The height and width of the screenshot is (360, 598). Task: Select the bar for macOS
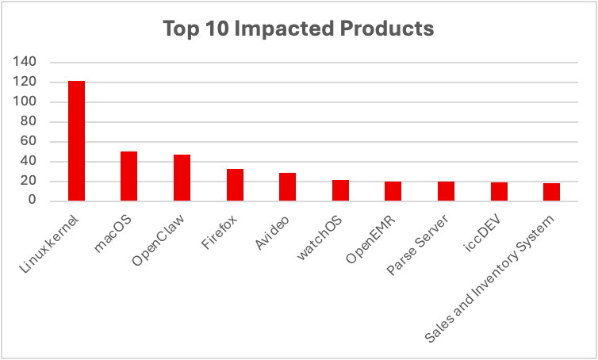(129, 176)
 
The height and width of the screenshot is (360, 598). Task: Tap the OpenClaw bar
(182, 178)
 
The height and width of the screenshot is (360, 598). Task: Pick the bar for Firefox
(235, 185)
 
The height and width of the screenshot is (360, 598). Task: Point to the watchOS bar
(340, 190)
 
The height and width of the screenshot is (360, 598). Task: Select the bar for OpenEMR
(393, 191)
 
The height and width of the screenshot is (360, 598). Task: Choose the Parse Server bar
(446, 191)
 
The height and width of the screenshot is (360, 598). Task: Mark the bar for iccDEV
(498, 192)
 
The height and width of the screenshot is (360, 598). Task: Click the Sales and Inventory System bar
(551, 192)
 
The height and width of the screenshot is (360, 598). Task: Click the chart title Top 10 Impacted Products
(298, 29)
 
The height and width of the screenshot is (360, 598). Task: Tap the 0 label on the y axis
(33, 201)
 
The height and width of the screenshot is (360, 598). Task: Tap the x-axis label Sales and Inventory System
(495, 274)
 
